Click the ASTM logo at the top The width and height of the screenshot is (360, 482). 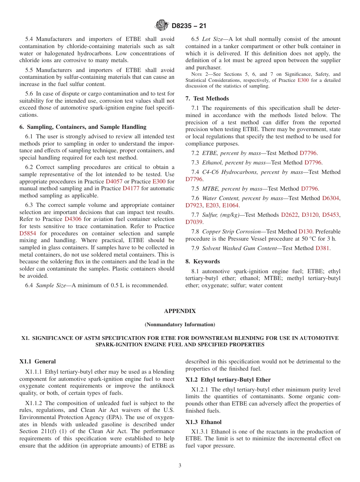pos(162,26)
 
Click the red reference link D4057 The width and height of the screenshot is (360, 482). pos(114,182)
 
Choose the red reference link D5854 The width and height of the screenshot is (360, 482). pos(28,233)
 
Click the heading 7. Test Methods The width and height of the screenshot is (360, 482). pos(207,99)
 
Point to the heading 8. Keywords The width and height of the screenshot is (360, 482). pos(202,261)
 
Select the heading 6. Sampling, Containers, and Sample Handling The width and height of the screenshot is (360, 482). pos(83,127)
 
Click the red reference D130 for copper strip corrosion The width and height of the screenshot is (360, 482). pos(305,232)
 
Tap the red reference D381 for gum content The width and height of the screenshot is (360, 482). pos(322,248)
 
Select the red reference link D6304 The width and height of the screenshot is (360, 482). pos(331,198)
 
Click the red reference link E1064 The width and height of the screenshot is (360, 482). pos(230,205)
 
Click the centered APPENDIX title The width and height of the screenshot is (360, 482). pos(180,311)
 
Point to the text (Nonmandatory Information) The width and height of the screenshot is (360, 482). pos(180,325)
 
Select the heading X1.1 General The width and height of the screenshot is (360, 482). pos(38,361)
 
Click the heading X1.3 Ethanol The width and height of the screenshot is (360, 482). pos(203,422)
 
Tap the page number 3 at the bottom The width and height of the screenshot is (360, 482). pos(180,466)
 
